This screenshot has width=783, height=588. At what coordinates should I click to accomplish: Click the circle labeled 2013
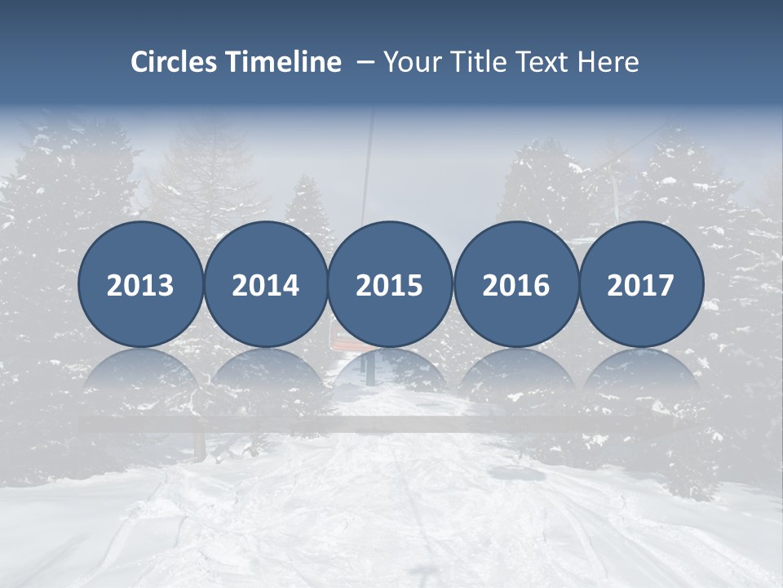pyautogui.click(x=140, y=285)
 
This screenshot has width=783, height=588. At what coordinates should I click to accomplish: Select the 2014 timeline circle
pyautogui.click(x=266, y=285)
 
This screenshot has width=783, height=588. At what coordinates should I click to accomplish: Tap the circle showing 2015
pyautogui.click(x=390, y=285)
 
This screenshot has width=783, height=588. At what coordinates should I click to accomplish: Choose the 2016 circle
pyautogui.click(x=515, y=285)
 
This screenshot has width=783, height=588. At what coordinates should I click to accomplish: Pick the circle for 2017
pyautogui.click(x=641, y=285)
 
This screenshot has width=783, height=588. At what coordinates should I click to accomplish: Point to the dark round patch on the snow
pyautogui.click(x=511, y=472)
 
